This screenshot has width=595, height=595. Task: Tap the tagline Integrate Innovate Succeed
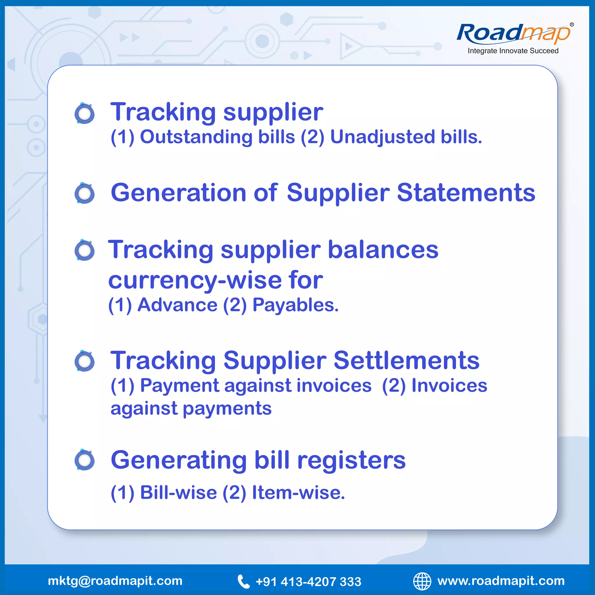[513, 51]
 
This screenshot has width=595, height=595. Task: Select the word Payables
[295, 305]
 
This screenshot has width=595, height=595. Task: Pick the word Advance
[178, 305]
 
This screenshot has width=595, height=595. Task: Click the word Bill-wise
[178, 492]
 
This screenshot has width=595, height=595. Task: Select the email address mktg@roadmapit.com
[115, 581]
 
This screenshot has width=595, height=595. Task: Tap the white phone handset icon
[243, 581]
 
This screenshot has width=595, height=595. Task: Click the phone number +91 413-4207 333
[308, 582]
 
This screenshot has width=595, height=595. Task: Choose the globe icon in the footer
[422, 581]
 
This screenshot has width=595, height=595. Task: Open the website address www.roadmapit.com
[501, 581]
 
